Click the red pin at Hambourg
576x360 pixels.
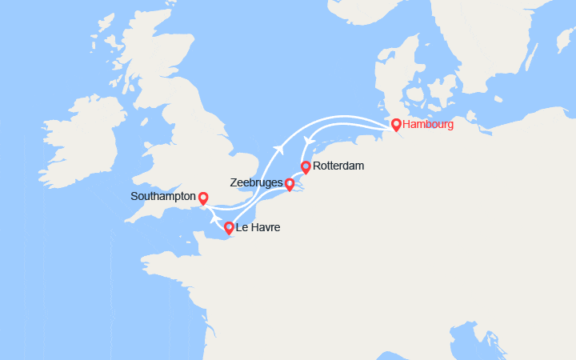click(396, 125)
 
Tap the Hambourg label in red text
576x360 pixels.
click(429, 125)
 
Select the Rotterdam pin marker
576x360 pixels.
click(306, 167)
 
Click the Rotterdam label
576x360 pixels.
click(339, 166)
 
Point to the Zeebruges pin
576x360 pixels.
click(289, 184)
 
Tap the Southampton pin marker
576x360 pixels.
click(203, 197)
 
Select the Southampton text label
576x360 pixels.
click(164, 196)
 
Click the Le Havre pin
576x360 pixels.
click(229, 228)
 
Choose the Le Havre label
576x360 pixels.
click(258, 228)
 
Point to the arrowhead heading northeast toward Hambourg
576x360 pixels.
click(280, 148)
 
